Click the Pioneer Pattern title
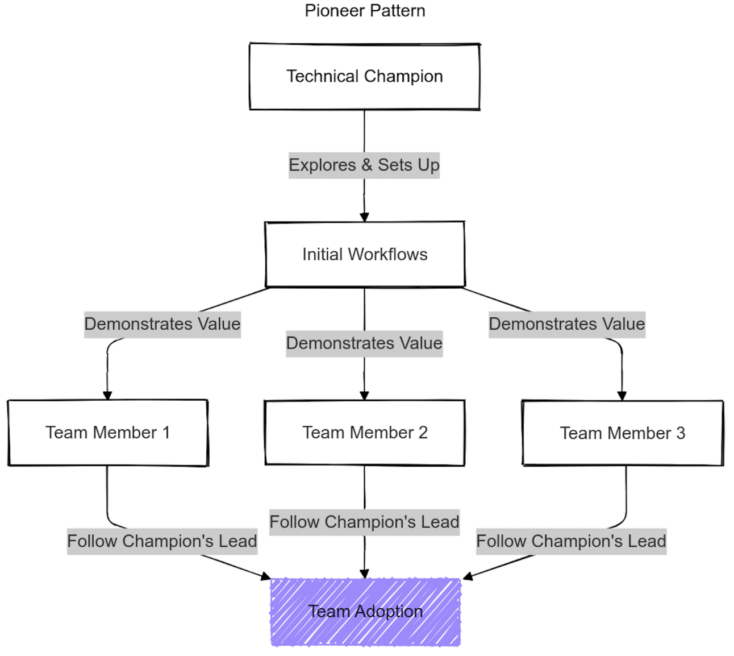point(365,11)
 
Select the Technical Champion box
point(365,77)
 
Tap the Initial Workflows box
point(365,254)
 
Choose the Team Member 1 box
point(108,433)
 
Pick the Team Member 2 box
point(365,433)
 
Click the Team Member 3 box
point(623,433)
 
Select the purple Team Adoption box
point(365,612)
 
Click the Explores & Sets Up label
point(364,165)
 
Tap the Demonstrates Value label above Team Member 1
point(162,324)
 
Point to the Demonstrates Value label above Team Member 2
point(364,343)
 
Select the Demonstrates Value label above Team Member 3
point(567,324)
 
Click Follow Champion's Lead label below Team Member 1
point(162,541)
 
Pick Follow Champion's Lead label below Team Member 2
point(364,522)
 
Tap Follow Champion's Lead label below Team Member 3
point(571,541)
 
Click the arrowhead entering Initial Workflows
point(364,217)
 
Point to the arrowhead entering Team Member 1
point(107,396)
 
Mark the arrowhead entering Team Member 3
point(622,396)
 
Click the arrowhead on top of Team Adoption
point(364,574)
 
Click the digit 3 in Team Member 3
point(680,433)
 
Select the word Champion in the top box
point(403,77)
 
